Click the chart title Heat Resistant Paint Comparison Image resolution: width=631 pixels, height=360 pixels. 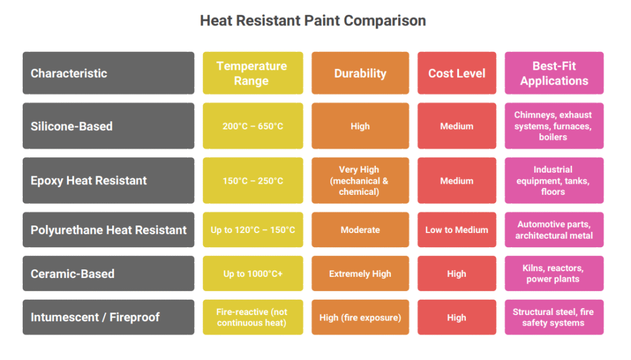(313, 20)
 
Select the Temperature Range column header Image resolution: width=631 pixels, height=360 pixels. (253, 73)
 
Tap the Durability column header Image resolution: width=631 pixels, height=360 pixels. (360, 73)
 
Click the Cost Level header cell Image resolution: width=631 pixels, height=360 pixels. (457, 73)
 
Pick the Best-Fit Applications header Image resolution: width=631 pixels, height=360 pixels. (554, 73)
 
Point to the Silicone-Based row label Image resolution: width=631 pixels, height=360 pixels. (108, 126)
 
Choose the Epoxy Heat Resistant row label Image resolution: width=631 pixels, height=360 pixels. (108, 181)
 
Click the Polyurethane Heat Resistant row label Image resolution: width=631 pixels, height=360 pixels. (108, 230)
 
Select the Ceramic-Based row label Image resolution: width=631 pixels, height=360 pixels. (108, 274)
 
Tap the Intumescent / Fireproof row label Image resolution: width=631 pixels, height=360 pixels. (108, 317)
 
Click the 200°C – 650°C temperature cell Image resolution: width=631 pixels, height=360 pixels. (253, 126)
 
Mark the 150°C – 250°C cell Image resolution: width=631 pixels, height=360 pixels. (253, 181)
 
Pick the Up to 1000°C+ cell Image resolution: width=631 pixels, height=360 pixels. (253, 274)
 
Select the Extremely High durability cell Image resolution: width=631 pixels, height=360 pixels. (360, 274)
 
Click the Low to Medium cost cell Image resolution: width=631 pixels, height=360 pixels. (457, 230)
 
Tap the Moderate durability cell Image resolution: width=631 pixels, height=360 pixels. (360, 230)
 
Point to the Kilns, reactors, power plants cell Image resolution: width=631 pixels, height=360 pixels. (554, 274)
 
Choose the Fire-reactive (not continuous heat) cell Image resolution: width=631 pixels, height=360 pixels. (253, 317)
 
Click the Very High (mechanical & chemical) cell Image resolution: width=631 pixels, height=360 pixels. (360, 181)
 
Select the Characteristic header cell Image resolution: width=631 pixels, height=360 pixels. (108, 73)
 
